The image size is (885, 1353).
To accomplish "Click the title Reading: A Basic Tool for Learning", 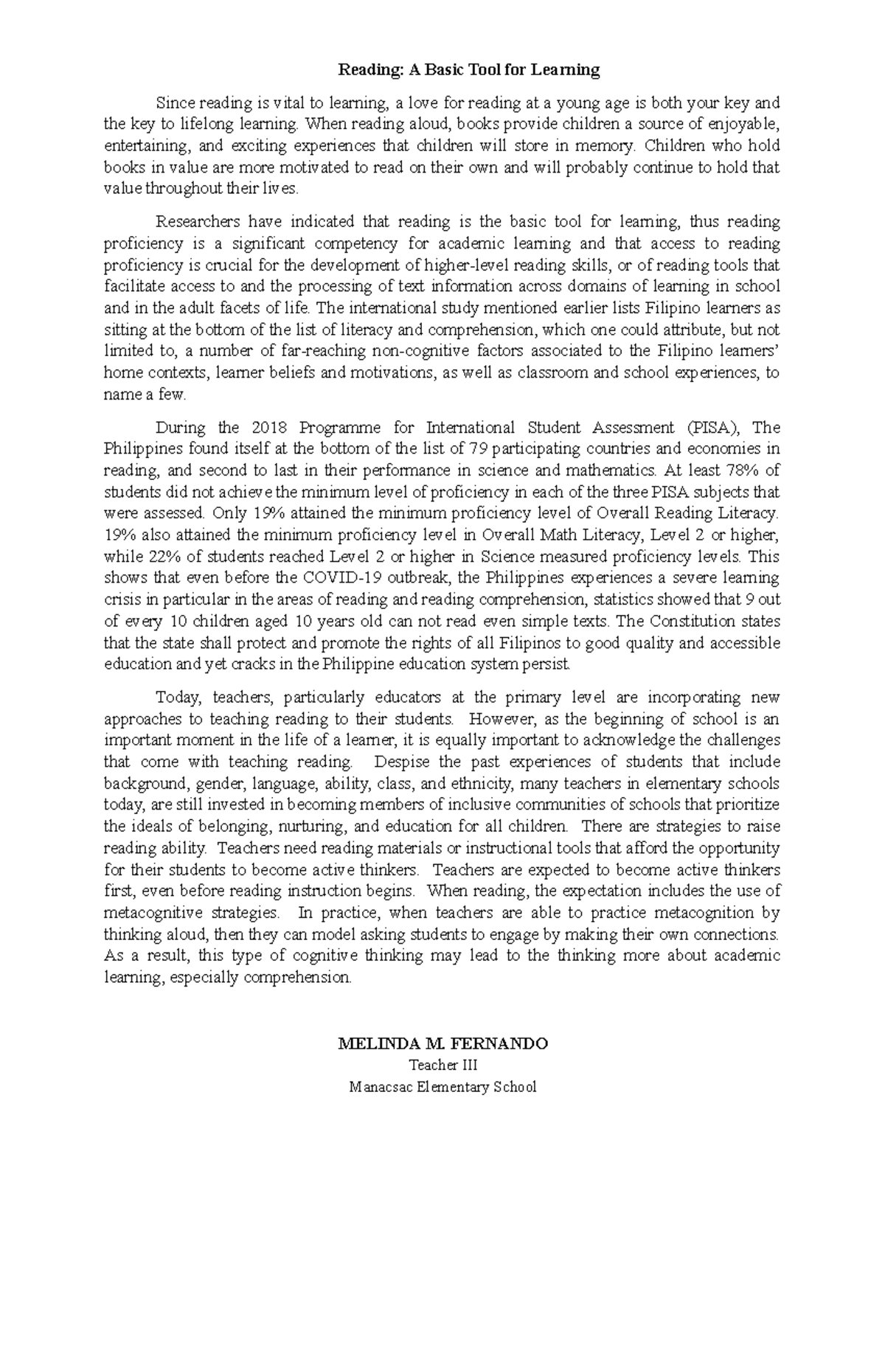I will [468, 70].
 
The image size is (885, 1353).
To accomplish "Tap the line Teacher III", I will [443, 1065].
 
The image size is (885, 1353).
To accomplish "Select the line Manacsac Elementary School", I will [442, 1086].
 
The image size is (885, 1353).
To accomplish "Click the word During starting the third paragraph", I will [177, 428].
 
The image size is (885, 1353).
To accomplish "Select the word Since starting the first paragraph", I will [172, 102].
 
